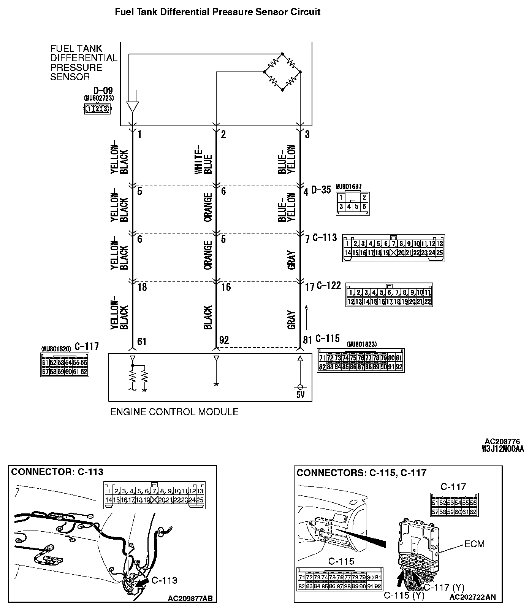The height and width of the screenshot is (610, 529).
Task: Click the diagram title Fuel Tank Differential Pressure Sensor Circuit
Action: (217, 12)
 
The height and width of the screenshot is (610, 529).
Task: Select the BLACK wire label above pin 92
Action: (207, 318)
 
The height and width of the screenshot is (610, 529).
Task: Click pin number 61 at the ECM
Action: (142, 341)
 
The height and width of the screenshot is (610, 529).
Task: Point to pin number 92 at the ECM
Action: (224, 340)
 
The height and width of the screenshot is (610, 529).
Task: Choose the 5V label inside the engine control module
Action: (300, 395)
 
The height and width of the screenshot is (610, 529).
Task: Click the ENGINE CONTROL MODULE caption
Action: (174, 412)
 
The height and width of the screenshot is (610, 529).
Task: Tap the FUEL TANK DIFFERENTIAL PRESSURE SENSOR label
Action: (84, 63)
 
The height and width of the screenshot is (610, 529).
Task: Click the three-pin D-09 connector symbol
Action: (97, 109)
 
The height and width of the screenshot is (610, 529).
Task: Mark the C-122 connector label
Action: (329, 286)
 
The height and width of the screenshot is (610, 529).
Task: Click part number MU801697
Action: (348, 187)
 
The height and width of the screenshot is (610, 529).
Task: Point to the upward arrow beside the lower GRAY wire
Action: (306, 316)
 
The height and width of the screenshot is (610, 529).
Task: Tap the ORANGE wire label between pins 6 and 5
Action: (207, 207)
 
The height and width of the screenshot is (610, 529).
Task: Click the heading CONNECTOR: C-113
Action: (57, 472)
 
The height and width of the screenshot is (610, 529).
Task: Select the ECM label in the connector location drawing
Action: (474, 544)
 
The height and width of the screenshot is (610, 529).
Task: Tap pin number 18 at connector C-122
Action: (142, 287)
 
